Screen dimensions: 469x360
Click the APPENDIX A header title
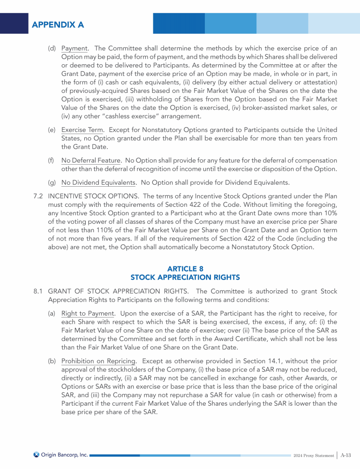click(58, 24)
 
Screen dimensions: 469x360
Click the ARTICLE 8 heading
click(185, 269)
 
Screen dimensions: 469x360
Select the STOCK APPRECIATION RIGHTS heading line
click(185, 277)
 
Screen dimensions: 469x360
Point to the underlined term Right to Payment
click(88, 313)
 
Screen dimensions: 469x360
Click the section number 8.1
click(39, 291)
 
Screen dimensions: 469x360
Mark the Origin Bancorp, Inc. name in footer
click(64, 454)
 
